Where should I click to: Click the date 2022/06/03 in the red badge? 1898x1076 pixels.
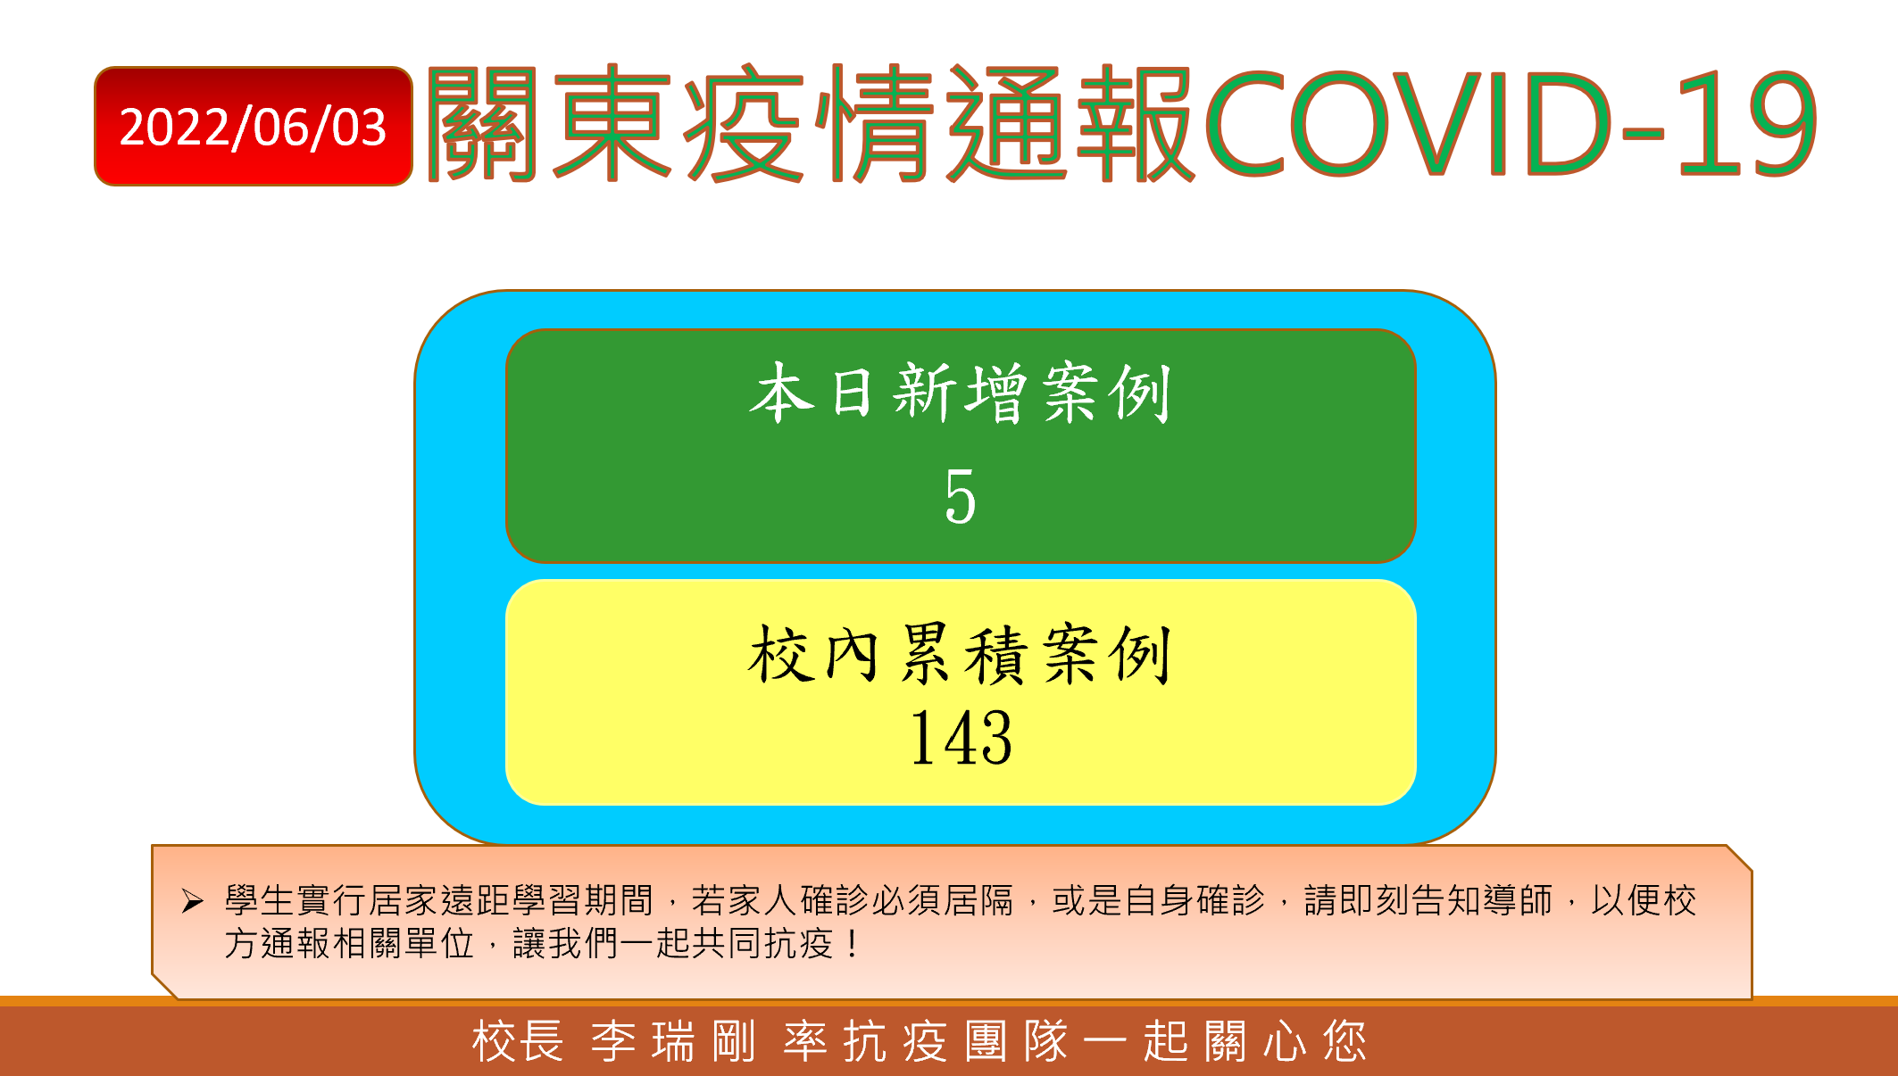tap(253, 127)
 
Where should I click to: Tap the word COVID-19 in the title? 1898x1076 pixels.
tap(1511, 124)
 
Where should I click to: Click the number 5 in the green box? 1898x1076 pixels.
tap(961, 496)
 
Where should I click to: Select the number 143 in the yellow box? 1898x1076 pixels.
tap(961, 738)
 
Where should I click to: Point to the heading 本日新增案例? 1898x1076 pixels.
tap(961, 393)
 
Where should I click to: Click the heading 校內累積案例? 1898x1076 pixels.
tap(961, 654)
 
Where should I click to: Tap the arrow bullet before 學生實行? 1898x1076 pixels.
tap(192, 901)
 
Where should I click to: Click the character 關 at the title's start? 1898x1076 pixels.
tap(483, 123)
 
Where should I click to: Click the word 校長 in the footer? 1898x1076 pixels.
tap(518, 1041)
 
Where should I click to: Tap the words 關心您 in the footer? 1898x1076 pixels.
tap(1285, 1041)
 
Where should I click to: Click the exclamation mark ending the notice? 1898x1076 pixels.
tap(854, 943)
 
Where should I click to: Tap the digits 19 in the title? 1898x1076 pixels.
tap(1747, 124)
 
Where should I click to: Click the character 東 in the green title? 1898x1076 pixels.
tap(612, 123)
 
